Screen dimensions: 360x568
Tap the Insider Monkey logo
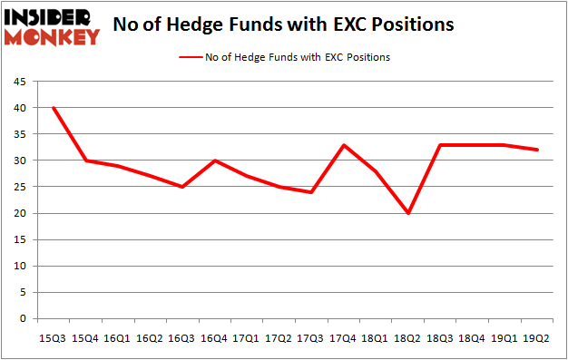(x=52, y=27)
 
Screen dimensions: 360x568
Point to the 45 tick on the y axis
(x=19, y=82)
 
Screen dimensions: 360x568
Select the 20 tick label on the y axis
(x=19, y=214)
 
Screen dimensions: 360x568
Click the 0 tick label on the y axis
(x=22, y=319)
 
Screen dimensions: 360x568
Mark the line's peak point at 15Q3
(x=54, y=108)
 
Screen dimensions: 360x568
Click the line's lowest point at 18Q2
(x=408, y=213)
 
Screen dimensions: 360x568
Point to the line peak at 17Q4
(x=342, y=145)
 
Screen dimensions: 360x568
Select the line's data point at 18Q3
(x=441, y=145)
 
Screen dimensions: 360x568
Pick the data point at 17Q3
(x=309, y=192)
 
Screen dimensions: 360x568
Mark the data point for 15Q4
(x=86, y=161)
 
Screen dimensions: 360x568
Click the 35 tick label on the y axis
(x=19, y=134)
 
